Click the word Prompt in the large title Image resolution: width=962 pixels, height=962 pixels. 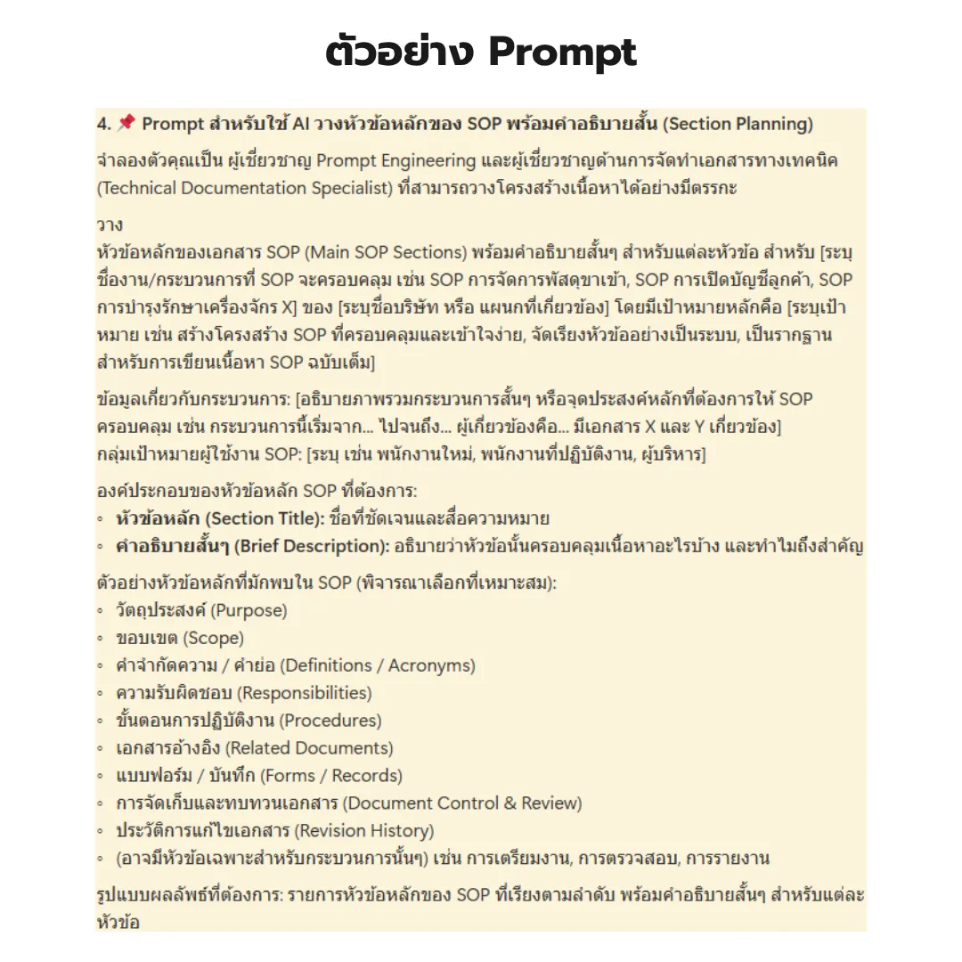tap(563, 53)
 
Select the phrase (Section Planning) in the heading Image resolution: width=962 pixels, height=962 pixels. tap(738, 124)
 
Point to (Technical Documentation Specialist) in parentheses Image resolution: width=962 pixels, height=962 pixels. tap(247, 188)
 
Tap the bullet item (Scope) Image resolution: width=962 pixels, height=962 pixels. tap(213, 639)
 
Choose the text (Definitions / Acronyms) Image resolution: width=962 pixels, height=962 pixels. tap(378, 665)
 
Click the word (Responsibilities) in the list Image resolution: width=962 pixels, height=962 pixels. tap(305, 693)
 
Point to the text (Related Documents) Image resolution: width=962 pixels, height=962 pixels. tap(308, 748)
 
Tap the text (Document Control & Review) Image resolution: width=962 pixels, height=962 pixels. tap(461, 803)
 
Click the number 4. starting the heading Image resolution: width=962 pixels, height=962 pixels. tap(104, 124)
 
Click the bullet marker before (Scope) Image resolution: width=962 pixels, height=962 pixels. tap(101, 640)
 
